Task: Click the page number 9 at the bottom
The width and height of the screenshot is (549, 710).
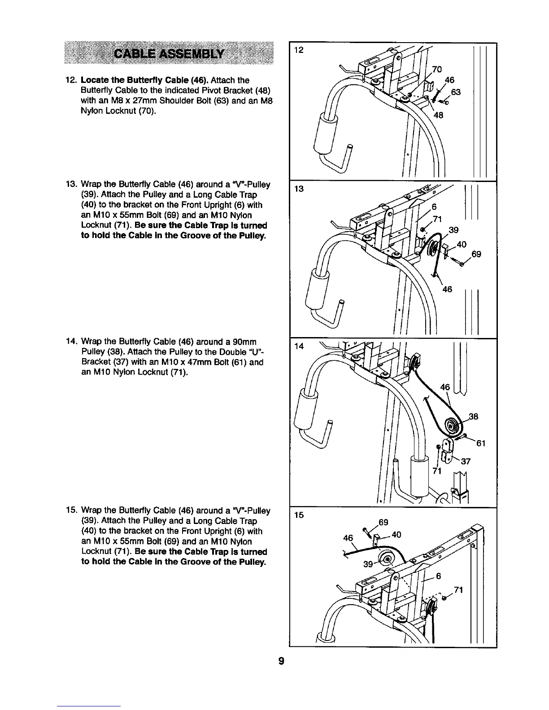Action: [x=281, y=661]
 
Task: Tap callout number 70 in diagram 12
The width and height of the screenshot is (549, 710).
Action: [x=437, y=69]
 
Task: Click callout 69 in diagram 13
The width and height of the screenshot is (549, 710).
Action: [x=476, y=254]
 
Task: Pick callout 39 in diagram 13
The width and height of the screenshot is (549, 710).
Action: [x=453, y=230]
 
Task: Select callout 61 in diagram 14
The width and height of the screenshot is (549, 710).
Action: [x=481, y=444]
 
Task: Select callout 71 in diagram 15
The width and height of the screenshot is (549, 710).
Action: [x=458, y=590]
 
